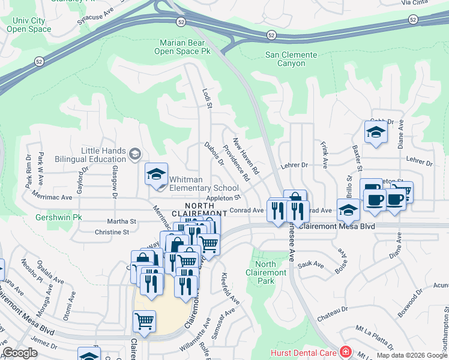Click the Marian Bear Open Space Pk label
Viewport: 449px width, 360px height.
(x=185, y=47)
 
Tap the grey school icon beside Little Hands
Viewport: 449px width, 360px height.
(x=135, y=155)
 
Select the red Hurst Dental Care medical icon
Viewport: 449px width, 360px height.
(x=345, y=352)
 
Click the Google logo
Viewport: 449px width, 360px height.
(x=20, y=353)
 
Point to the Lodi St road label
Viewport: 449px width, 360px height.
(x=208, y=98)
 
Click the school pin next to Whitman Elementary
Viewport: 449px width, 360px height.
(x=156, y=175)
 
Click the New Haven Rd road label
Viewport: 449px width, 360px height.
(x=246, y=157)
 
